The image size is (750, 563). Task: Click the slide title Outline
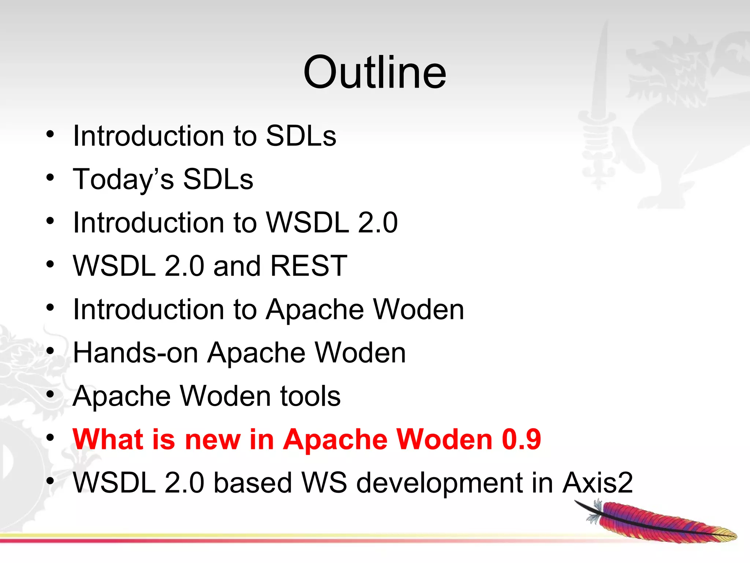pyautogui.click(x=375, y=72)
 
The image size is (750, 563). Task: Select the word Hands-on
pyautogui.click(x=135, y=353)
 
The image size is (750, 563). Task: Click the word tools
pyautogui.click(x=310, y=396)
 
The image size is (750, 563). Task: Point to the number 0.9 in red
pyautogui.click(x=521, y=439)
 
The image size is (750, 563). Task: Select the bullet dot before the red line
pyautogui.click(x=50, y=438)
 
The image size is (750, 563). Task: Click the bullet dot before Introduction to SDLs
pyautogui.click(x=50, y=134)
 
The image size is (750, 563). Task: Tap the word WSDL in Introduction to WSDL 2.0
pyautogui.click(x=307, y=223)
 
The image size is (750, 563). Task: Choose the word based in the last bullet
pyautogui.click(x=252, y=483)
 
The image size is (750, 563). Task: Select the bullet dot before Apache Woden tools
pyautogui.click(x=50, y=394)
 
